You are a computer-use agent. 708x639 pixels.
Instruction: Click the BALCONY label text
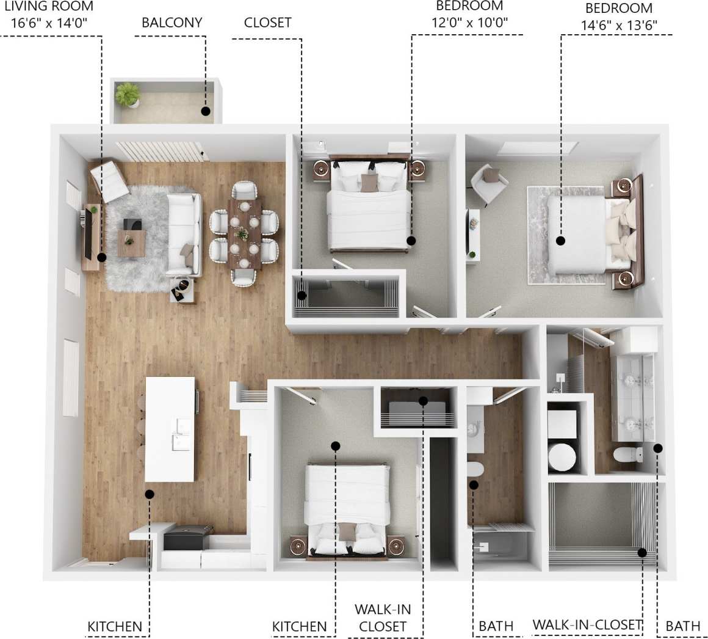pyautogui.click(x=172, y=23)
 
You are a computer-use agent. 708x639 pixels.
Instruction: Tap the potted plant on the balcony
pyautogui.click(x=128, y=95)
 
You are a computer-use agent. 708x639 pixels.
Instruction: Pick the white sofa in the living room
pyautogui.click(x=184, y=233)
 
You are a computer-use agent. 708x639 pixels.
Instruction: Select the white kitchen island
pyautogui.click(x=170, y=428)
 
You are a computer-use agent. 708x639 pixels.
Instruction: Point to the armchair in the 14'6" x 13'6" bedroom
pyautogui.click(x=488, y=182)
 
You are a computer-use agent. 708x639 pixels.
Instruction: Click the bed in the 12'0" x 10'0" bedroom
pyautogui.click(x=369, y=211)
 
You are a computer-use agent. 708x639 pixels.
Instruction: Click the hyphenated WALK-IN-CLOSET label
pyautogui.click(x=587, y=624)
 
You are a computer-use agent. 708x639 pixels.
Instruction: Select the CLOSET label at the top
pyautogui.click(x=267, y=23)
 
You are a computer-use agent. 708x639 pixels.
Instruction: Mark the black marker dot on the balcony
pyautogui.click(x=206, y=111)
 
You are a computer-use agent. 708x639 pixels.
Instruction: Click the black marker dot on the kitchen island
pyautogui.click(x=150, y=494)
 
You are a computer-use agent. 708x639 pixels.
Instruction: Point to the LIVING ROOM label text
pyautogui.click(x=49, y=7)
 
